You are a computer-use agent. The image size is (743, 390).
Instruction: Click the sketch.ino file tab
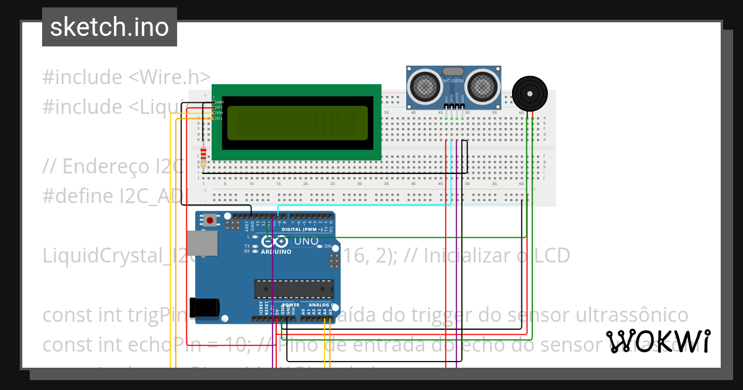[110, 27]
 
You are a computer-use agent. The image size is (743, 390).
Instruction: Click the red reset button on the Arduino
[211, 220]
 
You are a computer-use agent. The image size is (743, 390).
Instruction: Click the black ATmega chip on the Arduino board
[293, 288]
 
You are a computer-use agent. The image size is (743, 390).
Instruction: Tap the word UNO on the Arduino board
[305, 241]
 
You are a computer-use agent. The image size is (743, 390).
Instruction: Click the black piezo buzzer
[529, 93]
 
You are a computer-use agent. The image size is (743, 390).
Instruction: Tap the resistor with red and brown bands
[204, 156]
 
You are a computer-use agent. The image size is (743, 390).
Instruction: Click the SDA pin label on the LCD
[219, 113]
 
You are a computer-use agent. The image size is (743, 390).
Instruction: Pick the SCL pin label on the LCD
[219, 118]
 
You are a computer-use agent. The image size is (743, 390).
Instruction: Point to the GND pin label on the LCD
[219, 102]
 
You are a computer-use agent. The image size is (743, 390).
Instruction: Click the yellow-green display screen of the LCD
[297, 123]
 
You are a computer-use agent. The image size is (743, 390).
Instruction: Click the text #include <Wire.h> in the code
[126, 77]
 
